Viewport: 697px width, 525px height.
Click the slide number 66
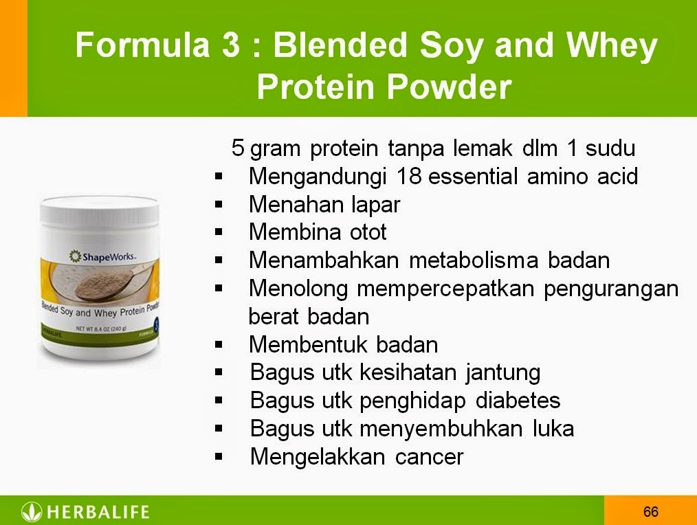[651, 511]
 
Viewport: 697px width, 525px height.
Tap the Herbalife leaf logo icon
[32, 511]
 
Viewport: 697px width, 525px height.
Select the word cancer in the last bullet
[429, 456]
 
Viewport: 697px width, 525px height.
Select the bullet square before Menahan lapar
[219, 204]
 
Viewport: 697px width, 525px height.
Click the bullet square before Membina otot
[219, 232]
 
